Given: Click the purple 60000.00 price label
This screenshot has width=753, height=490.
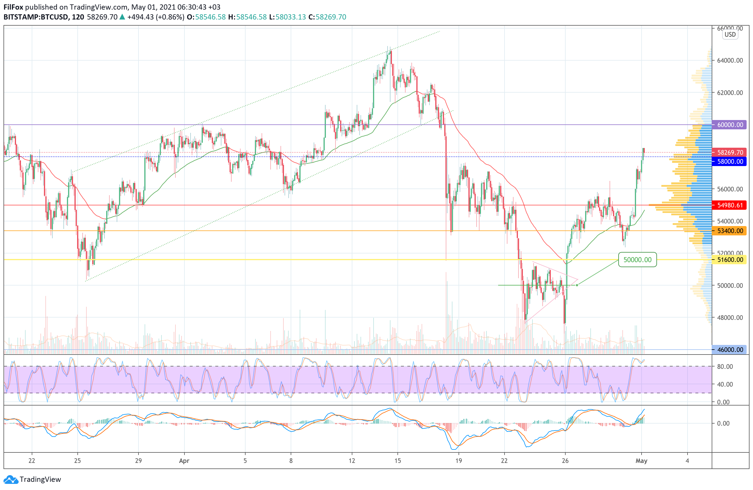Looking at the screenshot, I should pyautogui.click(x=729, y=125).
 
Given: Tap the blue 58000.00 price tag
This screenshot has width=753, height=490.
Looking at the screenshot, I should pyautogui.click(x=729, y=162).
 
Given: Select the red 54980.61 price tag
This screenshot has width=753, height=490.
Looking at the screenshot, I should pyautogui.click(x=729, y=205).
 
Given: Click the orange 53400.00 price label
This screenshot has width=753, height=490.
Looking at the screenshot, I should pyautogui.click(x=729, y=231).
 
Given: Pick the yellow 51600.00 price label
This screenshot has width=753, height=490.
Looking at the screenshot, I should pyautogui.click(x=729, y=260).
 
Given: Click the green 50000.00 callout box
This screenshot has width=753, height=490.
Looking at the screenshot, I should pyautogui.click(x=637, y=260).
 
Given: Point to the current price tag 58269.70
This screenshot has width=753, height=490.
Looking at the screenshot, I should pyautogui.click(x=729, y=152).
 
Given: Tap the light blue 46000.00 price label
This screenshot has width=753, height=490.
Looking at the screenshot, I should pyautogui.click(x=729, y=350).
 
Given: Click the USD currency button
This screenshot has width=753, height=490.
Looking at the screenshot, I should pyautogui.click(x=730, y=35).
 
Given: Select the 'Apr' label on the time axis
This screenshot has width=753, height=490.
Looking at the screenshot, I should pyautogui.click(x=184, y=461).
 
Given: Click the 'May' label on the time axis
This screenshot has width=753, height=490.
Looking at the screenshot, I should pyautogui.click(x=641, y=461).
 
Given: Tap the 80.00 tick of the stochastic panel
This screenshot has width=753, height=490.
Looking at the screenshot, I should pyautogui.click(x=725, y=366).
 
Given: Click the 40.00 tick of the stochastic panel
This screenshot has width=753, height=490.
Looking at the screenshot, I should pyautogui.click(x=725, y=384).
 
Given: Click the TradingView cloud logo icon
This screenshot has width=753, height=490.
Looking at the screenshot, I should pyautogui.click(x=11, y=480).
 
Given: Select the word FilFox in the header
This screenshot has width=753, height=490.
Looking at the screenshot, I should pyautogui.click(x=13, y=7).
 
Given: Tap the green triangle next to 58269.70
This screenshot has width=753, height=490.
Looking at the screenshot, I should pyautogui.click(x=122, y=17).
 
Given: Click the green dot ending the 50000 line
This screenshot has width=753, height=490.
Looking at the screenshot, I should pyautogui.click(x=577, y=285).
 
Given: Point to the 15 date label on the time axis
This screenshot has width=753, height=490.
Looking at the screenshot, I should pyautogui.click(x=397, y=461).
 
